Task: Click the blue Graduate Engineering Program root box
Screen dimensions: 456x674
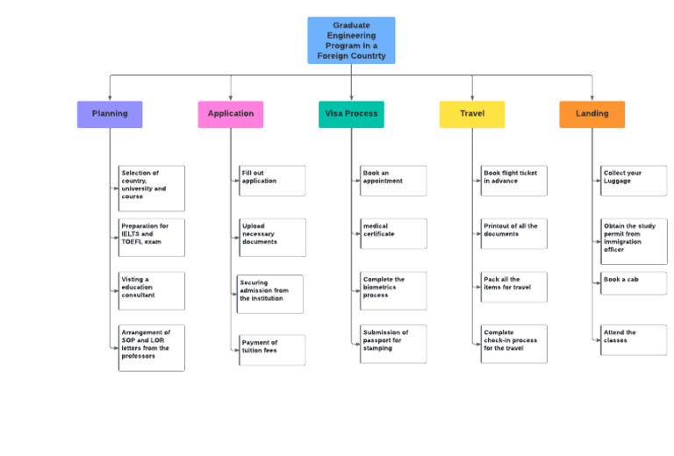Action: (351, 40)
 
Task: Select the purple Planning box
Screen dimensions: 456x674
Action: (110, 114)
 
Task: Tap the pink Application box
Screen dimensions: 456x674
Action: (230, 114)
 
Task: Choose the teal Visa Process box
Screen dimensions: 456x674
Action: (351, 114)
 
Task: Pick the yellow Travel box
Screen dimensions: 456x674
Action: (472, 114)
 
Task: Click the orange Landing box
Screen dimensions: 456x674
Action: (592, 114)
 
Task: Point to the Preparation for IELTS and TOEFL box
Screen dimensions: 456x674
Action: (152, 238)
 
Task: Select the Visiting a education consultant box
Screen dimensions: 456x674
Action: (152, 290)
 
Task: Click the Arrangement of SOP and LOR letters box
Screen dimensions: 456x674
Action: (152, 347)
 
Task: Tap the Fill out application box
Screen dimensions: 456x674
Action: (273, 181)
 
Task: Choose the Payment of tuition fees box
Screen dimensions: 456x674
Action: (273, 350)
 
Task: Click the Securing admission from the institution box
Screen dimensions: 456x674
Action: (270, 294)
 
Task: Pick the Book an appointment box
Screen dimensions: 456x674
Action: (393, 181)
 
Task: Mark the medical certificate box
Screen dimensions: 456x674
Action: (393, 233)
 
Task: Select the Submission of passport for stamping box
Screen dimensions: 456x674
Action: (393, 344)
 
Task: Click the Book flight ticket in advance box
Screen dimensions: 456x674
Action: (514, 181)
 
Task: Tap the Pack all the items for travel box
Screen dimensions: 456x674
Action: (514, 287)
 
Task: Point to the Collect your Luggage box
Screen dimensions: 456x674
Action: (635, 181)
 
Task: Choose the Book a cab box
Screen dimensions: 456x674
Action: (635, 282)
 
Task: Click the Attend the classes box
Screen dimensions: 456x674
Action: (635, 339)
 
